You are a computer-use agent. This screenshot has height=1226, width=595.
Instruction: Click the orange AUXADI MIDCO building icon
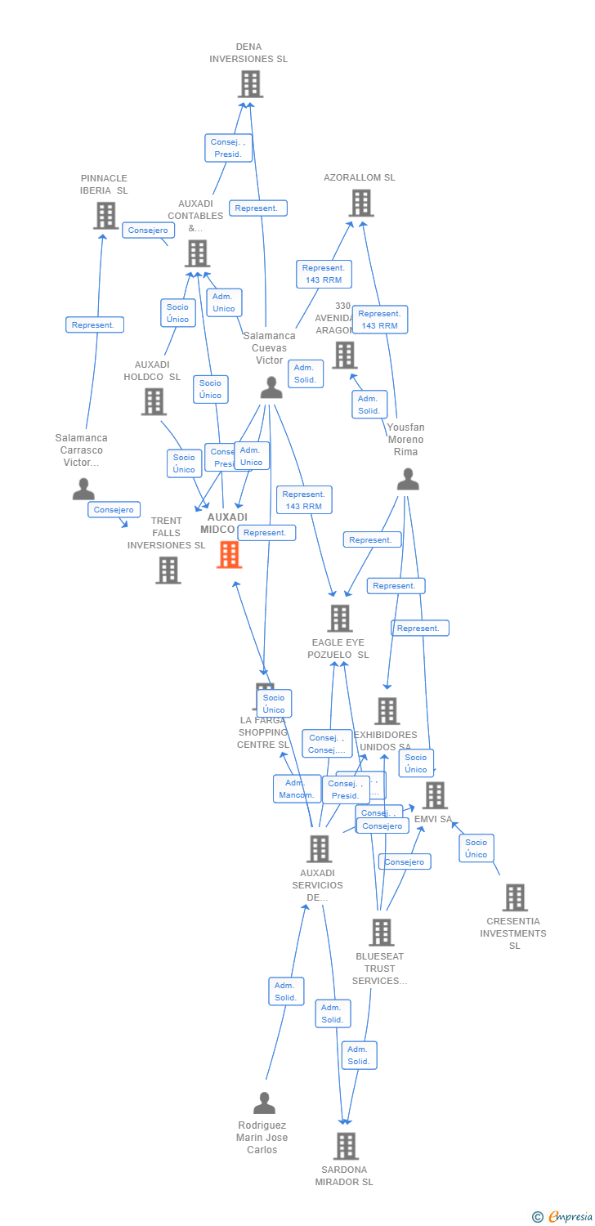(x=229, y=554)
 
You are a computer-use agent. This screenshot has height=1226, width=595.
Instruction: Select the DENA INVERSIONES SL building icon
(x=250, y=83)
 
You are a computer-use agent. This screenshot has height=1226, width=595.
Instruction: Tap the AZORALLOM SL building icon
(x=360, y=203)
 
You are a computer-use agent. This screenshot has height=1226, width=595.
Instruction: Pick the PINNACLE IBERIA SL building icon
(x=105, y=216)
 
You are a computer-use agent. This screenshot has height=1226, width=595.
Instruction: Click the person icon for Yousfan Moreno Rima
(x=408, y=479)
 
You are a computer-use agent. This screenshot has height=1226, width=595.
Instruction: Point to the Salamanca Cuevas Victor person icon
(x=271, y=387)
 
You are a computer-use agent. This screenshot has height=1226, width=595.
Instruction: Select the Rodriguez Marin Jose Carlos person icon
(x=264, y=1103)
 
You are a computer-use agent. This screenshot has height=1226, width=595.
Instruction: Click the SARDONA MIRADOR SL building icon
(x=346, y=1146)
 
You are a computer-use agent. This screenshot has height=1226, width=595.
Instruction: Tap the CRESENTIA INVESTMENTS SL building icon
(x=514, y=897)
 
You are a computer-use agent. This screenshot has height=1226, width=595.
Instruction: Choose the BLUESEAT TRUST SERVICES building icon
(x=381, y=932)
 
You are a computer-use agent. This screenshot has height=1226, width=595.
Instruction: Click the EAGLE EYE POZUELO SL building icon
(x=340, y=618)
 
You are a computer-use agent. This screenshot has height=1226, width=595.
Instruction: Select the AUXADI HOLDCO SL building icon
(x=154, y=401)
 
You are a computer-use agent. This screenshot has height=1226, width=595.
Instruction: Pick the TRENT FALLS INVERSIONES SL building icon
(x=168, y=570)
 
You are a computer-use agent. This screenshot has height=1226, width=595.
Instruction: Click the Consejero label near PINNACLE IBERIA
(x=148, y=230)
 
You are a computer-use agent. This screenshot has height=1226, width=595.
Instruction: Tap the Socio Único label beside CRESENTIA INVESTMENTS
(x=476, y=848)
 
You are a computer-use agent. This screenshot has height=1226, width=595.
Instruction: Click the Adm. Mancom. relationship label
(x=297, y=789)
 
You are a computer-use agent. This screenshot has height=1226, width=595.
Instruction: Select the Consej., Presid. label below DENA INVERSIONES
(x=228, y=148)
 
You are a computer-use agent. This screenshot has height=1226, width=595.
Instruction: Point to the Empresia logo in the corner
(x=564, y=1216)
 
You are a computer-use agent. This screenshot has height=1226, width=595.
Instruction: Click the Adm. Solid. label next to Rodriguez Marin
(x=286, y=991)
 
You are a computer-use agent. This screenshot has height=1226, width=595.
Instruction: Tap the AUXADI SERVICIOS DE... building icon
(x=319, y=848)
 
